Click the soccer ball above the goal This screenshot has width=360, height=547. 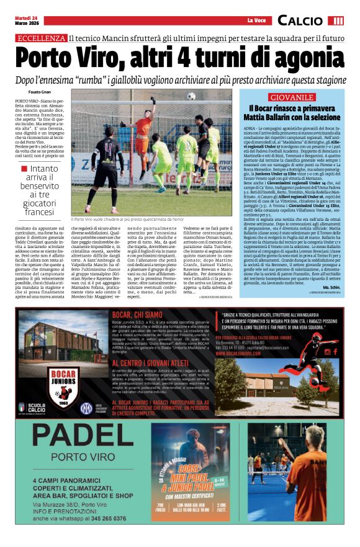coord(191,97)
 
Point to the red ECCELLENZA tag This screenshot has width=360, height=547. coord(41,38)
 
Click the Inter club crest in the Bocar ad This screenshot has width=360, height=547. coord(86,408)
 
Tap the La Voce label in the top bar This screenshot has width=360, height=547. coord(254,21)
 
